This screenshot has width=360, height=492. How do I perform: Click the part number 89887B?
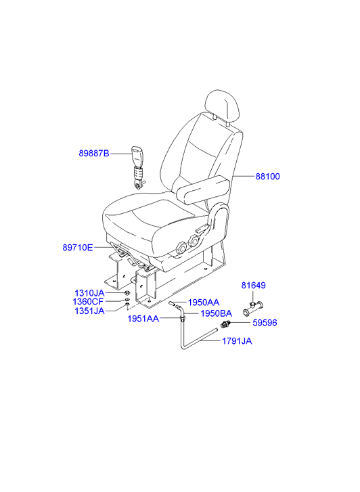(x=94, y=154)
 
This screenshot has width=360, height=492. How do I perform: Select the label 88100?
(x=267, y=177)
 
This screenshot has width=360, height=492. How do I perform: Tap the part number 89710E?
(x=78, y=248)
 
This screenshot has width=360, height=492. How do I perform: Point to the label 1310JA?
(x=89, y=293)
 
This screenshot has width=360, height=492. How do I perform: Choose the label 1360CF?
(x=88, y=302)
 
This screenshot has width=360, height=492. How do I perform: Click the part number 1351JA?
(x=89, y=311)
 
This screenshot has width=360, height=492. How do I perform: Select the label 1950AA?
(x=204, y=303)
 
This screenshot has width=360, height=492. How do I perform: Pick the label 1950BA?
(x=217, y=313)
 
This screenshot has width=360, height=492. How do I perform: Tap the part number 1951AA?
(x=143, y=319)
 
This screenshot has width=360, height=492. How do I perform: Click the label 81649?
(x=253, y=285)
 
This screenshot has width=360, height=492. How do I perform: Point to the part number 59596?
(x=265, y=323)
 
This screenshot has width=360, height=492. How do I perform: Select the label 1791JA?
(x=237, y=341)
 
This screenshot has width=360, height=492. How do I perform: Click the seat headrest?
(x=221, y=106)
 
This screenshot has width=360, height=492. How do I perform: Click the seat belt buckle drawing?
(x=137, y=168)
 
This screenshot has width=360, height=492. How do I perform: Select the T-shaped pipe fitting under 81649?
(x=253, y=308)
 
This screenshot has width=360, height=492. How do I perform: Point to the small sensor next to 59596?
(x=225, y=324)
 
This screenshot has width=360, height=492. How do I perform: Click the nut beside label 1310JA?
(x=127, y=293)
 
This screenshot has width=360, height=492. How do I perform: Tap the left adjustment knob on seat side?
(x=181, y=248)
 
